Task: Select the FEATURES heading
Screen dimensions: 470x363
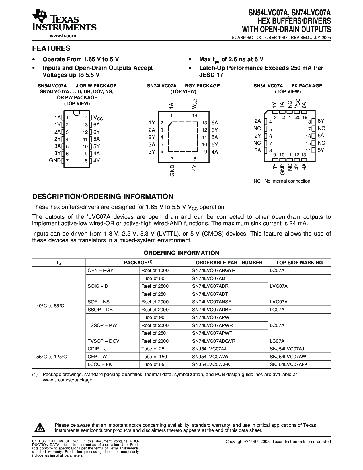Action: coord(51,48)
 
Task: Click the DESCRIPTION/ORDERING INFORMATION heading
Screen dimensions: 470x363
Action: coord(103,196)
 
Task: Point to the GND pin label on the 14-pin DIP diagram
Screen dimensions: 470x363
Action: coord(55,160)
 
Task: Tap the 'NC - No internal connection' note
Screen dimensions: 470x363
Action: coord(282,181)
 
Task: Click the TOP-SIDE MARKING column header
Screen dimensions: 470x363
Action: coord(299,263)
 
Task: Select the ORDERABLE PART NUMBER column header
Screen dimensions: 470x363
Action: coord(229,263)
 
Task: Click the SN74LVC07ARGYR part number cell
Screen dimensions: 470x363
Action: coord(214,270)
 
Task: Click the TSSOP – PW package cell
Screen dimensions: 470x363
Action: coord(102,325)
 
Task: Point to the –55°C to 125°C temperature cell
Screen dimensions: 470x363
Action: coord(50,357)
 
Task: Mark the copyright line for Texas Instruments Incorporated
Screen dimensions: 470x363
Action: coord(278,442)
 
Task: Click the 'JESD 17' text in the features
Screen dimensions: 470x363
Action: coord(211,75)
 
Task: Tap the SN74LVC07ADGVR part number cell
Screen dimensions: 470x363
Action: coord(214,341)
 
